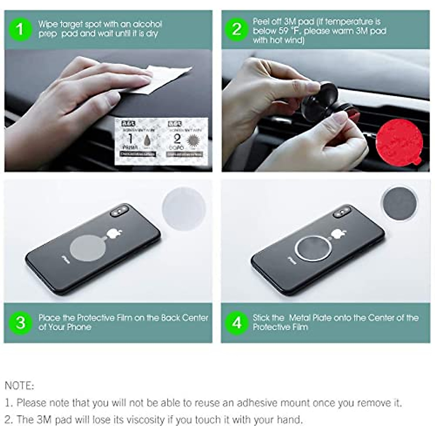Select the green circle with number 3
[21, 322]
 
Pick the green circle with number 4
[237, 322]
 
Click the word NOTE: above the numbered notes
[19, 385]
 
